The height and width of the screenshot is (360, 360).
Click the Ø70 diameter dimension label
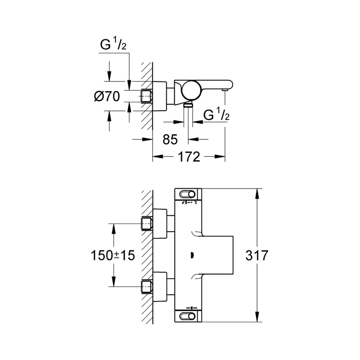pos(107,97)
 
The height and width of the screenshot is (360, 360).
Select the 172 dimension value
pos(189,157)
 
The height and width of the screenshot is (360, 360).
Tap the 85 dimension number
pos(170,139)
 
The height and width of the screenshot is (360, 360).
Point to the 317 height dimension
pos(257,255)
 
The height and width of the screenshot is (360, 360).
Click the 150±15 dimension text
pos(113,255)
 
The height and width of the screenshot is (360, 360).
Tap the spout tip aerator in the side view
pos(225,89)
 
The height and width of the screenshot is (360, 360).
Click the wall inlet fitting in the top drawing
pos(146,96)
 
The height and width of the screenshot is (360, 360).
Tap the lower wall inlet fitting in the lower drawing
pos(146,286)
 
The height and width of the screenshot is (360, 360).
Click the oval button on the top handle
pos(187,194)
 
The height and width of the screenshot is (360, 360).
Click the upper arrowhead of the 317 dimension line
pos(257,193)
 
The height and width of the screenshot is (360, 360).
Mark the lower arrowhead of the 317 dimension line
pos(257,318)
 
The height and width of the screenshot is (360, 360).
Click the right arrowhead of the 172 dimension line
pos(221,157)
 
